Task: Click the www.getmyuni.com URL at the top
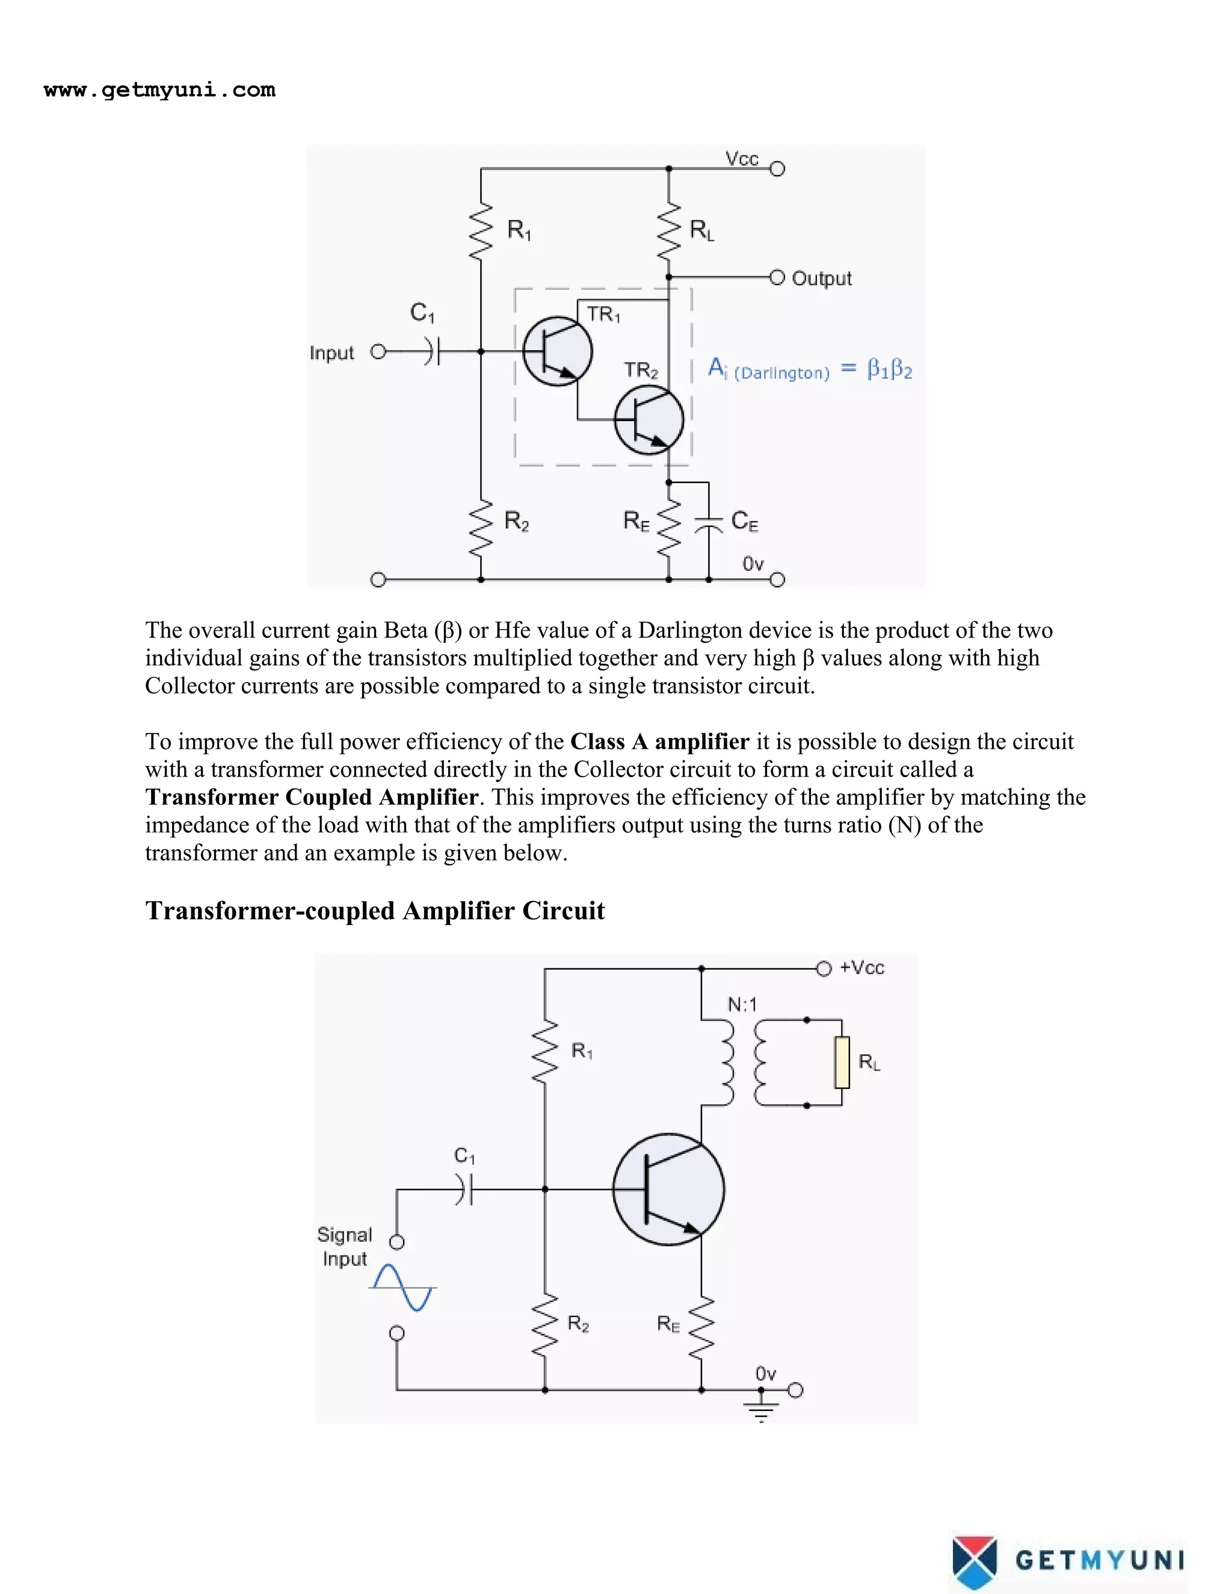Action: (159, 90)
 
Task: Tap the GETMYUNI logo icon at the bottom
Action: (975, 1561)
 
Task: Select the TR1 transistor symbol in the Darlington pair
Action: (558, 352)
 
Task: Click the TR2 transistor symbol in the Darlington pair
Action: (649, 420)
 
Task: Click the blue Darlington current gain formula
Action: (810, 369)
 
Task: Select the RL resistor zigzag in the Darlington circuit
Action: (668, 232)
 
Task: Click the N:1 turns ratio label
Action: (742, 1005)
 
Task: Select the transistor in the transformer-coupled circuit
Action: (668, 1189)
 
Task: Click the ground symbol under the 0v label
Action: (761, 1413)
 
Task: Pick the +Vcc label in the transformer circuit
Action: (862, 968)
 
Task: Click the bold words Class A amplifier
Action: (659, 742)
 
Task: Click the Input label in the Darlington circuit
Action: (331, 353)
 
